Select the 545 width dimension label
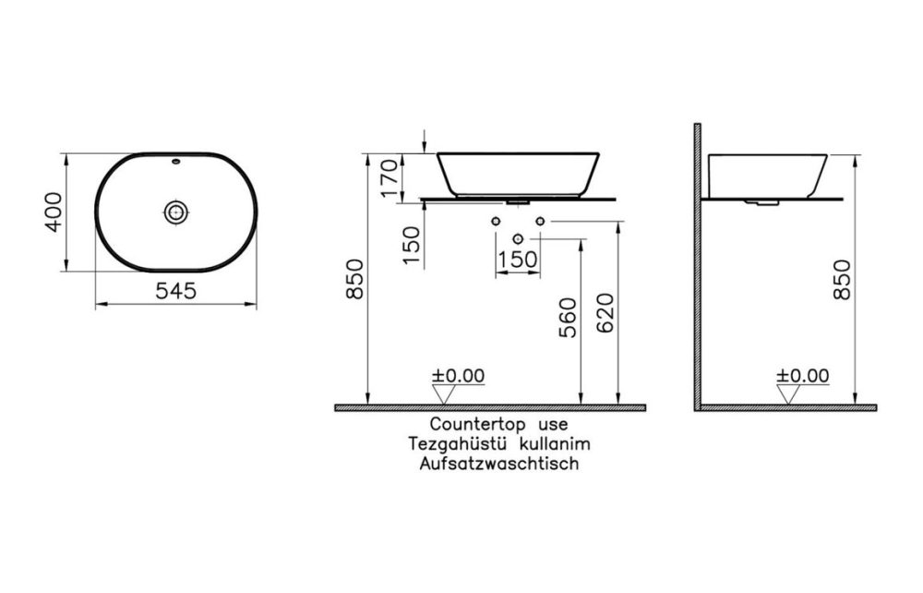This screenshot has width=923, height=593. [x=175, y=291]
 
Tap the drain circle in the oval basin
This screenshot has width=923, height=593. [x=175, y=212]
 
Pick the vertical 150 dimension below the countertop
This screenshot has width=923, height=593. [x=412, y=243]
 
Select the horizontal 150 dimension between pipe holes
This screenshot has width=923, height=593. [x=518, y=260]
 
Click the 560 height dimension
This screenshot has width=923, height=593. [x=568, y=318]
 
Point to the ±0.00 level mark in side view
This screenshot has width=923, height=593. [x=803, y=376]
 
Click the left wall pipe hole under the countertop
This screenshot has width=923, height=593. [x=496, y=222]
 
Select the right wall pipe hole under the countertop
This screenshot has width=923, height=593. [x=540, y=222]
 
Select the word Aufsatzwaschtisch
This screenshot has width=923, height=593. [x=498, y=464]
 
